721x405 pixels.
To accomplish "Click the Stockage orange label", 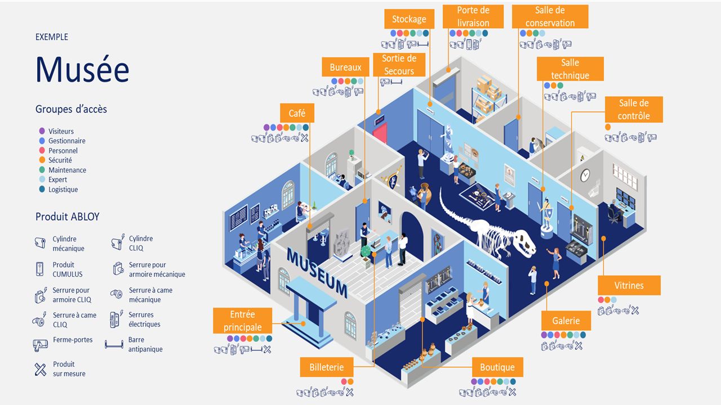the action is click(x=409, y=19).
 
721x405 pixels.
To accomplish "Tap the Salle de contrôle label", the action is click(x=634, y=109).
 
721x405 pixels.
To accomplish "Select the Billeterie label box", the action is click(x=327, y=367).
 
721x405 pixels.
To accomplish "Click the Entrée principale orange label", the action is click(x=242, y=321).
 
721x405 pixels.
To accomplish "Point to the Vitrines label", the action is click(x=629, y=285).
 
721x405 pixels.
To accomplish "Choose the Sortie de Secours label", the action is click(x=399, y=65).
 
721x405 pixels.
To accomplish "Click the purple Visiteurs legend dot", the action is click(x=42, y=131).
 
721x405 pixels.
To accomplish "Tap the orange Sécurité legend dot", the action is click(x=42, y=160).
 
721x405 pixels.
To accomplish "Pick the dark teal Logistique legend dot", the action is click(x=42, y=189).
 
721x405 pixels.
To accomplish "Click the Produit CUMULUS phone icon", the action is click(x=39, y=269).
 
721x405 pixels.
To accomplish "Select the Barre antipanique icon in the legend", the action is click(x=114, y=345).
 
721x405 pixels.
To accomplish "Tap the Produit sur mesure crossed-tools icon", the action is click(x=40, y=370).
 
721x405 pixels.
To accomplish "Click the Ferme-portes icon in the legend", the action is click(x=40, y=345).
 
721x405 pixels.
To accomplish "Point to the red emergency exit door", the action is click(x=380, y=132).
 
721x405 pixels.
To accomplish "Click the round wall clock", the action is click(x=585, y=175).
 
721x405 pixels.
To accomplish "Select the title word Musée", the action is click(x=82, y=69).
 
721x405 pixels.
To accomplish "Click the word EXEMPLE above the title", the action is click(x=52, y=37).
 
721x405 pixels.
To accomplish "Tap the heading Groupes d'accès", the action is click(x=71, y=109).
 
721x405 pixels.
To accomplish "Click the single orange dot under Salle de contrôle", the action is click(x=608, y=127).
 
